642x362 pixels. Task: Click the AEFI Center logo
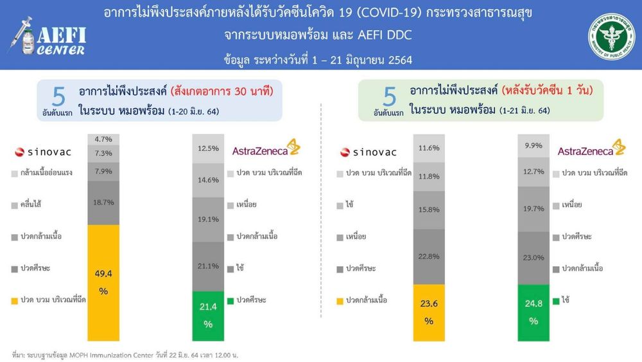point(47,37)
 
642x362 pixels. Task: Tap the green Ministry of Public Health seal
point(612,36)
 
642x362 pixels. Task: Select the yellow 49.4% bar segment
point(103,283)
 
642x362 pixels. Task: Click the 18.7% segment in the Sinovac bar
point(103,203)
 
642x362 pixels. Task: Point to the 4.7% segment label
point(103,140)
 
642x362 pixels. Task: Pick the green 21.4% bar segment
point(208,316)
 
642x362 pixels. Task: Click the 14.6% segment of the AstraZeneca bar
point(208,181)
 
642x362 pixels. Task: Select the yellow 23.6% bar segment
point(429,312)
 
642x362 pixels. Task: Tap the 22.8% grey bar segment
point(429,257)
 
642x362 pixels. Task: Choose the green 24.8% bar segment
point(534,312)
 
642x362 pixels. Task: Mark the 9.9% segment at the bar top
point(534,145)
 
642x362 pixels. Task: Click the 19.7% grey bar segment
point(534,209)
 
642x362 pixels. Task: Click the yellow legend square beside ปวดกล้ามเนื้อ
point(340,302)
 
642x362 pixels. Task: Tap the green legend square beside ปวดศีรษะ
point(230,301)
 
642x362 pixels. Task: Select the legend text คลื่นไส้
point(31,204)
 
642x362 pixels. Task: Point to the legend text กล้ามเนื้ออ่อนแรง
point(46,172)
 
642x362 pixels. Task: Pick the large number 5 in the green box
point(390,97)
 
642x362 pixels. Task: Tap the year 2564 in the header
point(400,60)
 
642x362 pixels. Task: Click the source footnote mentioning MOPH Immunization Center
point(125,355)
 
